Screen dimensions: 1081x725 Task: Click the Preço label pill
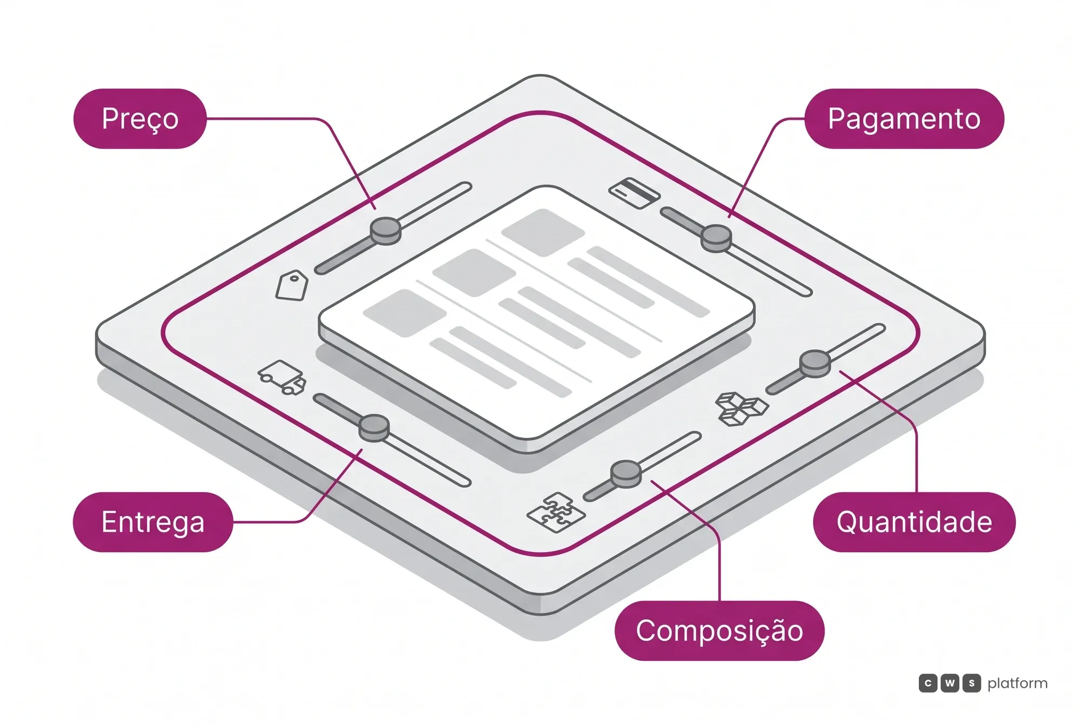coord(140,118)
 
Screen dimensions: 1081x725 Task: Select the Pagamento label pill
coord(904,118)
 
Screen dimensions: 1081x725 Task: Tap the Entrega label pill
coord(153,522)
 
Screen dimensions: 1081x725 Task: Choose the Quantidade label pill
coord(914,522)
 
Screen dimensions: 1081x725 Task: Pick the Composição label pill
coord(719,630)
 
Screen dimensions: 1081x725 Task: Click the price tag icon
coord(292,285)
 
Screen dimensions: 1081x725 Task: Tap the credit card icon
coord(635,192)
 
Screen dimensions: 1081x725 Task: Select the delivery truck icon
coord(282,377)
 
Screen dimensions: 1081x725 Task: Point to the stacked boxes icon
coord(741,408)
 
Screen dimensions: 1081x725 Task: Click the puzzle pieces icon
coord(556,512)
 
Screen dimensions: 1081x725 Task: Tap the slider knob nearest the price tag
coord(385,231)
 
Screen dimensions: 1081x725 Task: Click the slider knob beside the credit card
coord(716,238)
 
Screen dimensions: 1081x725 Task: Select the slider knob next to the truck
coord(374,428)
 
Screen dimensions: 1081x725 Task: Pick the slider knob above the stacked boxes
coord(815,364)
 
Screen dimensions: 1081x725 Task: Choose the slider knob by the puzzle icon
coord(626,474)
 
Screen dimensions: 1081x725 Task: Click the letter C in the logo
coord(928,683)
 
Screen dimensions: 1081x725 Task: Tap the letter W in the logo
coord(950,683)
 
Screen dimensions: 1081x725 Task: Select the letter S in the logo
coord(971,683)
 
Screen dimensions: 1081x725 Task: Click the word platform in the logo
coord(1017,684)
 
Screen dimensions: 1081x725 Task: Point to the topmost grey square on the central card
coord(543,232)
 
